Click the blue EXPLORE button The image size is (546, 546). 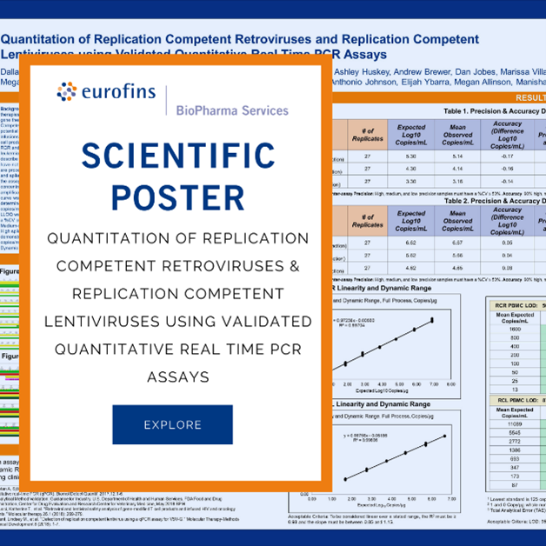coord(172,424)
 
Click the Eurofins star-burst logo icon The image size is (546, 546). coord(67,90)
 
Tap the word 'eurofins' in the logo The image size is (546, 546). coord(117,90)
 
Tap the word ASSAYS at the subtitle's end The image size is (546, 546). coord(177,378)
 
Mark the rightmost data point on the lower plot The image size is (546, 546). coord(446,436)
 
